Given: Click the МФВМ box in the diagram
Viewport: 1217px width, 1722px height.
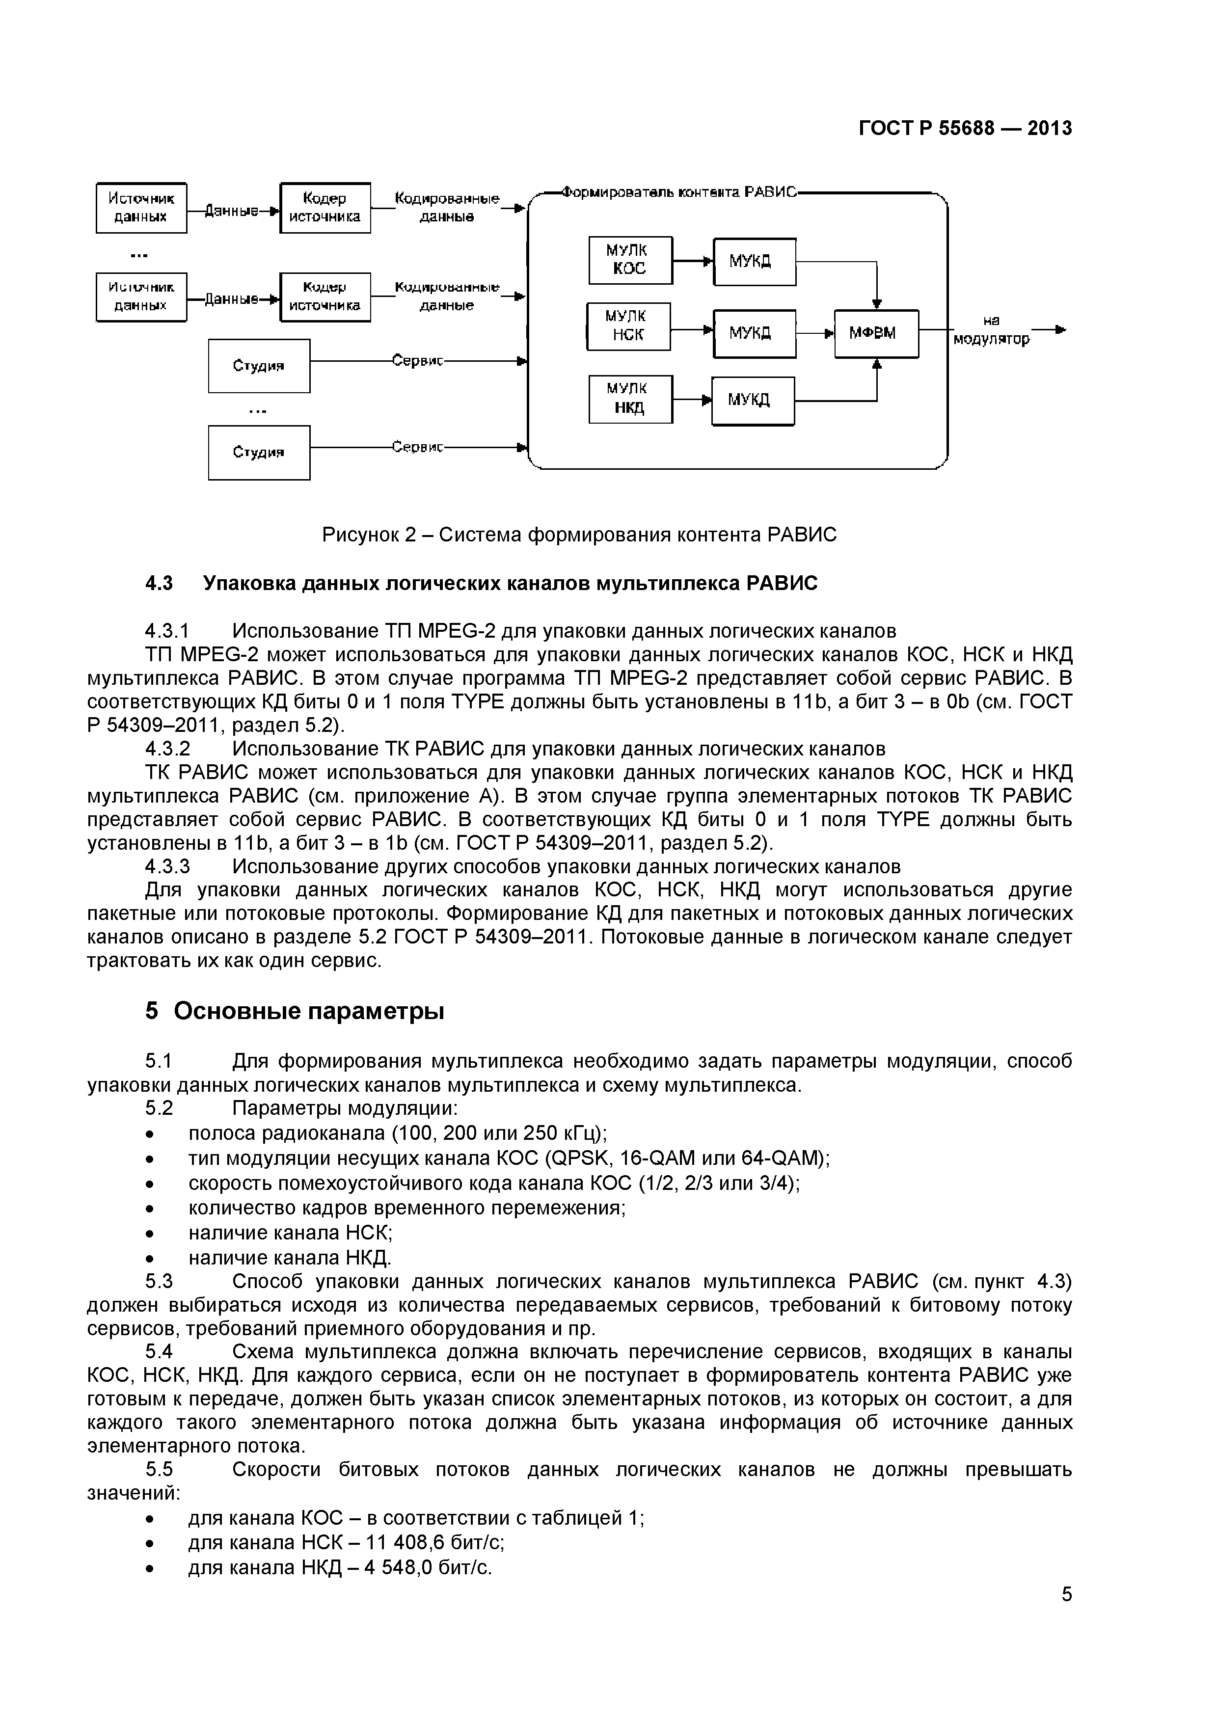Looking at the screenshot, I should click(876, 334).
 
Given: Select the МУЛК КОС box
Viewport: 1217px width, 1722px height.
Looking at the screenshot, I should click(630, 260).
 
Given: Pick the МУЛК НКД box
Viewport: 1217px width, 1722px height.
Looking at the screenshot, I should click(630, 399).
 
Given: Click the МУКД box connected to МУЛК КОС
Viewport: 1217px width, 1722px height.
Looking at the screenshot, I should click(754, 262).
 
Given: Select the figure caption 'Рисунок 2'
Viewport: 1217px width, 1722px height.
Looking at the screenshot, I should click(578, 535).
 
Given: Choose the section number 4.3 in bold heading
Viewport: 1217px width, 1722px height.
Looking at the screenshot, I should click(158, 584).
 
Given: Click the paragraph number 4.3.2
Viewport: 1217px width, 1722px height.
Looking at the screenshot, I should click(167, 749).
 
